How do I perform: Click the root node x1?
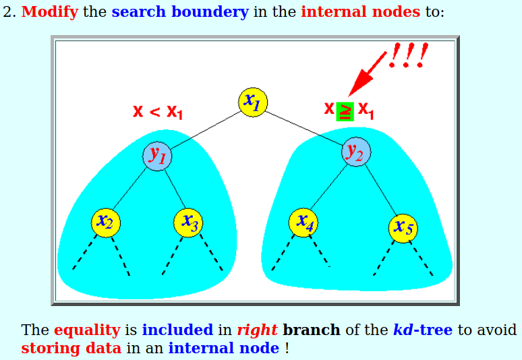coord(253,102)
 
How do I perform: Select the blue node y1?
coord(157,156)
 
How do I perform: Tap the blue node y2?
coord(356,152)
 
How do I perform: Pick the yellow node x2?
coord(106,223)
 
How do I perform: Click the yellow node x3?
coord(188,223)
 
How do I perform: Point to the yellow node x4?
coord(303,222)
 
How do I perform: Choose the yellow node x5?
coord(403,229)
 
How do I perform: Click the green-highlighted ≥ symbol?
coord(345,111)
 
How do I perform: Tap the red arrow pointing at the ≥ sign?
coord(367,74)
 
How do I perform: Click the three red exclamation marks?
coord(409,55)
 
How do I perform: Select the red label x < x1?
coord(157,112)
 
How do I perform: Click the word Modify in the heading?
coord(50,12)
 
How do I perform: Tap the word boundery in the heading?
coord(210,12)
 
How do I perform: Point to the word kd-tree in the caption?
coord(423,330)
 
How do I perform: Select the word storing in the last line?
coord(51,349)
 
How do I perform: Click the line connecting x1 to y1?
coord(206,129)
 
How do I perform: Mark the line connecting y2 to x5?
coord(381,189)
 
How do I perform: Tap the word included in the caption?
coord(177,330)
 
